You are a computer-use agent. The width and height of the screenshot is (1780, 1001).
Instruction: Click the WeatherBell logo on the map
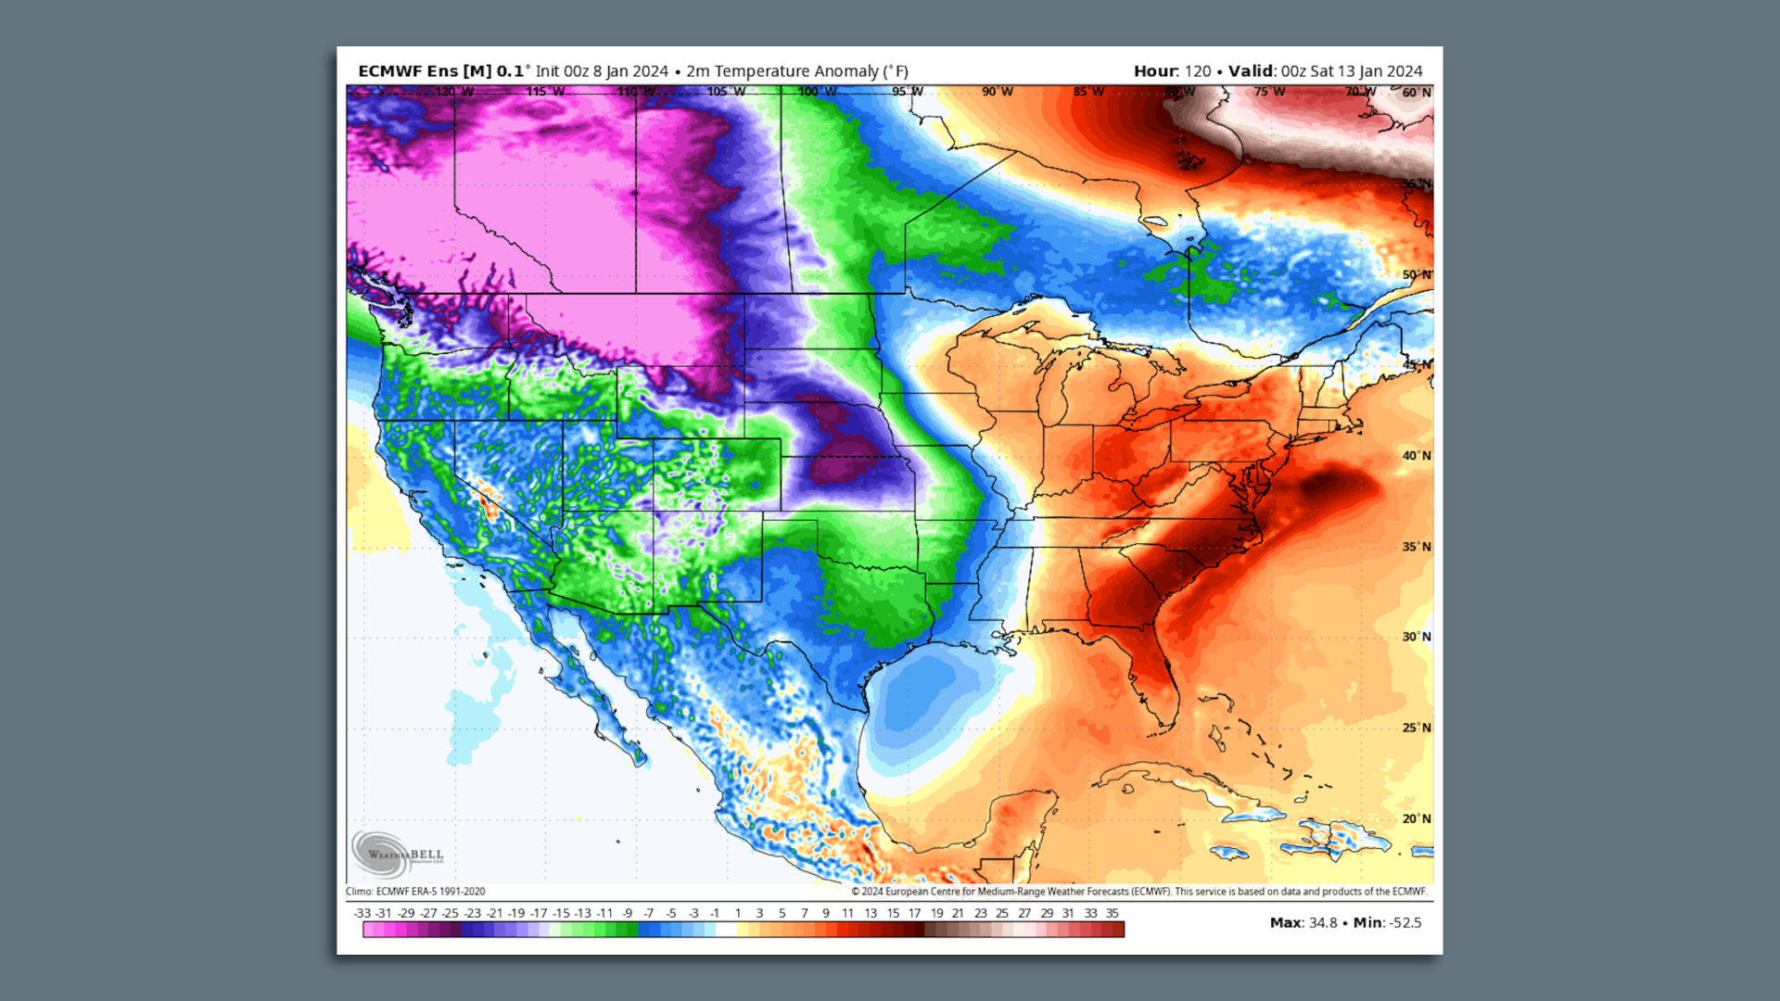click(397, 852)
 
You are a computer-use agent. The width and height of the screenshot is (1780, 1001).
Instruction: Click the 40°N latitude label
click(1416, 456)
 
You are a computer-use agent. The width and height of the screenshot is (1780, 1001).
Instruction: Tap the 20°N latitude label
click(1416, 818)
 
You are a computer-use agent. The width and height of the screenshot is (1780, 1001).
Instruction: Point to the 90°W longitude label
click(997, 92)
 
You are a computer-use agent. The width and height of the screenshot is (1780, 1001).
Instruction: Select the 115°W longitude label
click(544, 92)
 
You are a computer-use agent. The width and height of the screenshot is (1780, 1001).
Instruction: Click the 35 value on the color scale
click(1112, 913)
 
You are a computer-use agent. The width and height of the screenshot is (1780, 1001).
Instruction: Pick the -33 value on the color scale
click(362, 913)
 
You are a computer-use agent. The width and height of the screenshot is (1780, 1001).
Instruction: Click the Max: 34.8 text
click(1303, 922)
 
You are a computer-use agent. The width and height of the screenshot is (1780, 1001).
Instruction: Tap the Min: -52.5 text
click(1387, 922)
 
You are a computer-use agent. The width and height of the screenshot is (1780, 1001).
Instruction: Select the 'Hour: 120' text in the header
click(1172, 71)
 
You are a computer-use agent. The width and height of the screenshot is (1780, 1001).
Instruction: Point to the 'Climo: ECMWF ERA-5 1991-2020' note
click(415, 892)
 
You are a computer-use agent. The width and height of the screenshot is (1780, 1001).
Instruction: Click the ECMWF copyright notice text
click(1138, 892)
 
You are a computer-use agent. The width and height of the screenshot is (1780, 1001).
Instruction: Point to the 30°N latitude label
click(1416, 637)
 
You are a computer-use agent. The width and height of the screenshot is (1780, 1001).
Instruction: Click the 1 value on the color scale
click(738, 913)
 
